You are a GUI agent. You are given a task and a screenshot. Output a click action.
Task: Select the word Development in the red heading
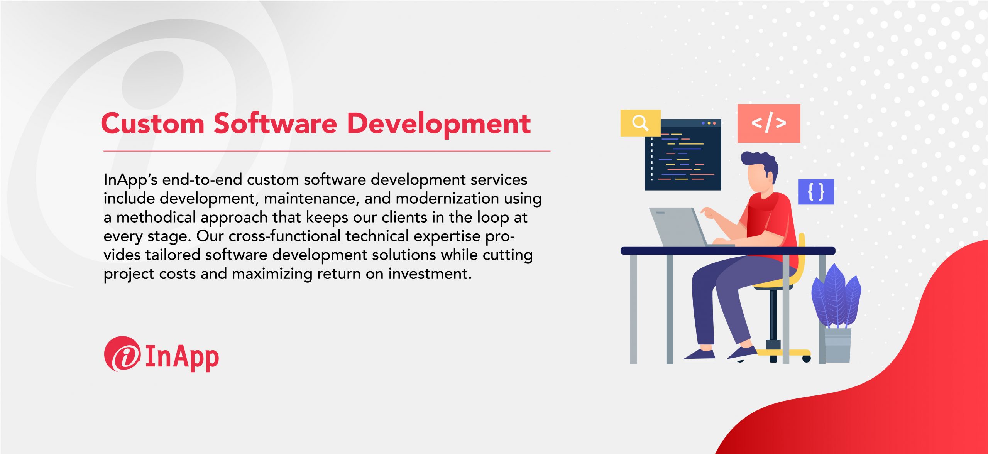439,124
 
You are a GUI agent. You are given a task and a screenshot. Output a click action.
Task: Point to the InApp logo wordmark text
182,357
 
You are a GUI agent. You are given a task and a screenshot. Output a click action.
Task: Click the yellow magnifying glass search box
640,123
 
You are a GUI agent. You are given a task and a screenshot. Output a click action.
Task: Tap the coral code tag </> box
768,123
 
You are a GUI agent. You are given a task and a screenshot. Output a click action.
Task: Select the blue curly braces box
816,192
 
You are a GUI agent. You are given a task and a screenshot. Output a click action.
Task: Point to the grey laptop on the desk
679,228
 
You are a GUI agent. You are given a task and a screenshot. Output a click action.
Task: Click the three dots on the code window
709,123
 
